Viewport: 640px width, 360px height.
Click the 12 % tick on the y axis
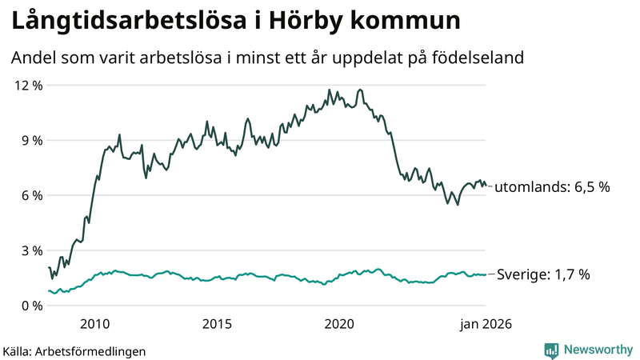pos(27,85)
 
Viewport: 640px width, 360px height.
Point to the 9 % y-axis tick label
pos(30,140)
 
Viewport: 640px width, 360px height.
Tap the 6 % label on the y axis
pos(30,195)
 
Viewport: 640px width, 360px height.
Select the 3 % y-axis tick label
pos(30,250)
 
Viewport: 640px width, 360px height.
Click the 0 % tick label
pos(30,306)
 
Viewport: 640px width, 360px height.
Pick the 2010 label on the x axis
pos(94,324)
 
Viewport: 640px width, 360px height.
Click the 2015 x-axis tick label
pos(217,324)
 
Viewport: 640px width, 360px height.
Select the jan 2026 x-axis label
pos(485,324)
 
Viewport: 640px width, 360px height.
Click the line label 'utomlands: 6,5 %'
pos(552,187)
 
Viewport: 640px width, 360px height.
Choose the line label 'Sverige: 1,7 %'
pos(544,274)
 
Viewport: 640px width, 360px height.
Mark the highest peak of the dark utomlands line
pos(360,90)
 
